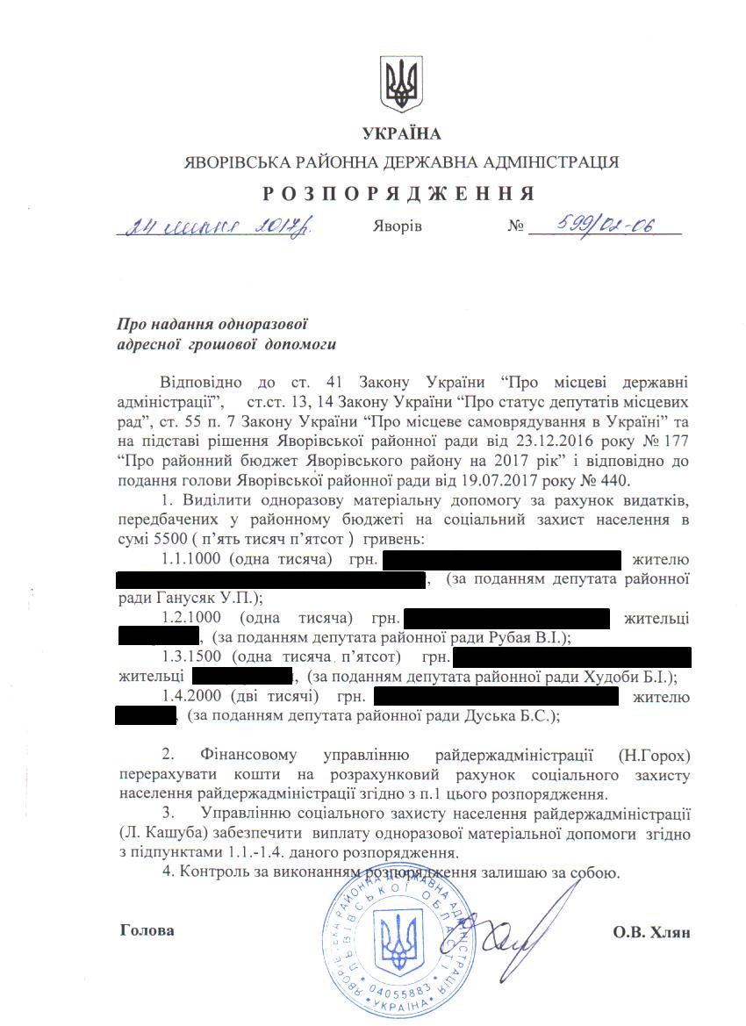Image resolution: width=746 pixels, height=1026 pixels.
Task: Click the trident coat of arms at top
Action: coord(401,85)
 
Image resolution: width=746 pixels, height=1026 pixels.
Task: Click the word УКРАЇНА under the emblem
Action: coord(402,133)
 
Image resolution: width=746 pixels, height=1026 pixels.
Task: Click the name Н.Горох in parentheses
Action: coord(653,756)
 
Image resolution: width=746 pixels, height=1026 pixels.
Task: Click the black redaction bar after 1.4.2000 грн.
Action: coord(497,697)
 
